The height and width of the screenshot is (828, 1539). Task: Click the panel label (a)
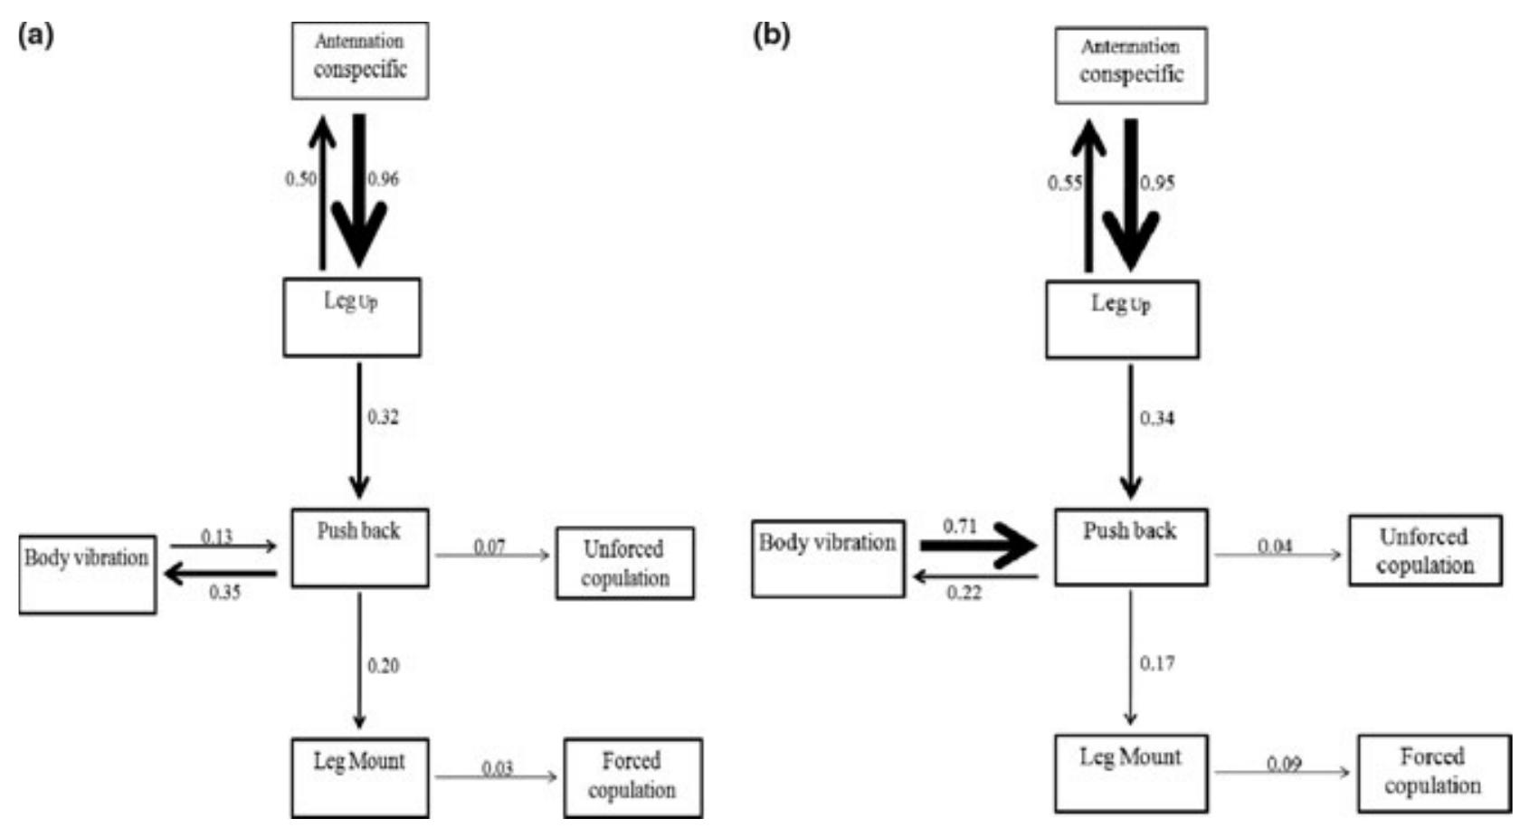point(36,36)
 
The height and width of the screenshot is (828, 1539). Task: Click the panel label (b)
point(771,36)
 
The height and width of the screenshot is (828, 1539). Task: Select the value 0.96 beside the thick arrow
point(383,179)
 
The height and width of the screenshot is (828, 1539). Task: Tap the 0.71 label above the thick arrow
point(959,527)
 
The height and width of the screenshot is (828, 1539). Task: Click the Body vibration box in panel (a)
point(87,574)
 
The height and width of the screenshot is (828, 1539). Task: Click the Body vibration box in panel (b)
point(828,558)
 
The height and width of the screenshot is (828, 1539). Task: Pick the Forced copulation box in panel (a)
point(632,777)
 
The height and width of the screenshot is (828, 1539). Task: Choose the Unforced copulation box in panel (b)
point(1425,550)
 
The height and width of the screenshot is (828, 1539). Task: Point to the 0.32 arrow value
point(383,417)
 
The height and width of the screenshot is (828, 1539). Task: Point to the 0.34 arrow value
point(1156,418)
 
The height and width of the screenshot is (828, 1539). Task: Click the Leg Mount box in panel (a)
point(359,777)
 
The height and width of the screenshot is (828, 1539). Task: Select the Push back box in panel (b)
point(1130,547)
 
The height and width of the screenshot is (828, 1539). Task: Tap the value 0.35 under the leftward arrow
point(224,593)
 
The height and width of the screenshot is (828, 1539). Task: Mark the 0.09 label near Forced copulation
point(1284,765)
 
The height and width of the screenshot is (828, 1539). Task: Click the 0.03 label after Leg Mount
point(497,768)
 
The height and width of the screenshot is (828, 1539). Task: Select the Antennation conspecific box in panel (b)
point(1130,65)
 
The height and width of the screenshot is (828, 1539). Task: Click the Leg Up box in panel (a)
point(351,317)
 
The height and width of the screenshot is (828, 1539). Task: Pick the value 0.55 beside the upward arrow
point(1065,184)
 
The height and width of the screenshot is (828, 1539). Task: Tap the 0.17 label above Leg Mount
point(1156,663)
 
